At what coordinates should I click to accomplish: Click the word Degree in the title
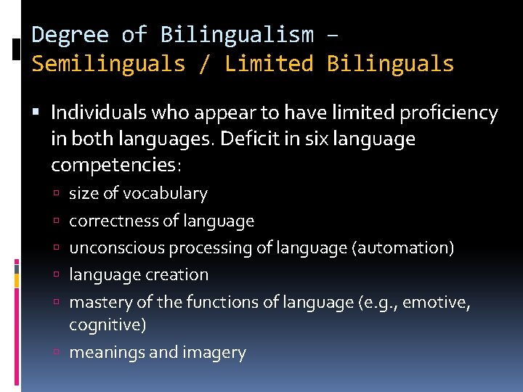[x=70, y=35]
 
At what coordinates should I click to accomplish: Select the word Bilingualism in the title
[x=237, y=35]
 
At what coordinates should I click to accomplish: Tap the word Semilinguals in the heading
[x=108, y=64]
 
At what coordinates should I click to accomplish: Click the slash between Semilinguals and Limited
[x=205, y=64]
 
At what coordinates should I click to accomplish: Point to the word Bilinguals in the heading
[x=391, y=64]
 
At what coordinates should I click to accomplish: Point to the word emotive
[x=441, y=302]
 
